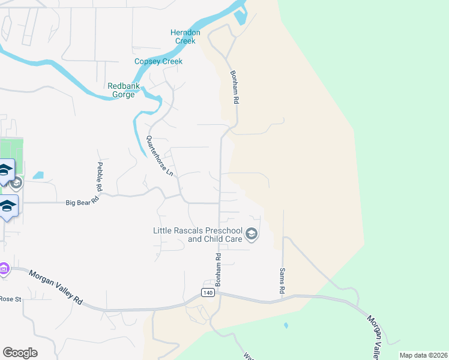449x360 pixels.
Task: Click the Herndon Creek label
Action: point(185,37)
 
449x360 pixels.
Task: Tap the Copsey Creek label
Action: point(158,61)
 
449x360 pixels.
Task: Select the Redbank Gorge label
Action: point(124,90)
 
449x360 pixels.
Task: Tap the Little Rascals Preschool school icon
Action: point(252,234)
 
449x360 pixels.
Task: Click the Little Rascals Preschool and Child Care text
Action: point(197,235)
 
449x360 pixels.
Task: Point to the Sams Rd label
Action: point(282,280)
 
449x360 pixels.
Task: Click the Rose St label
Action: point(10,298)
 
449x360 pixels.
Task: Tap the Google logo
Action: point(20,353)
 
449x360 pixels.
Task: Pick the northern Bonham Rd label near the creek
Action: point(235,88)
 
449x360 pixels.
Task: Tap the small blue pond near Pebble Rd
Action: point(38,175)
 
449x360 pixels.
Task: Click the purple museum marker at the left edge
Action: point(4,269)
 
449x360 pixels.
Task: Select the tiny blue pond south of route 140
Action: point(286,326)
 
